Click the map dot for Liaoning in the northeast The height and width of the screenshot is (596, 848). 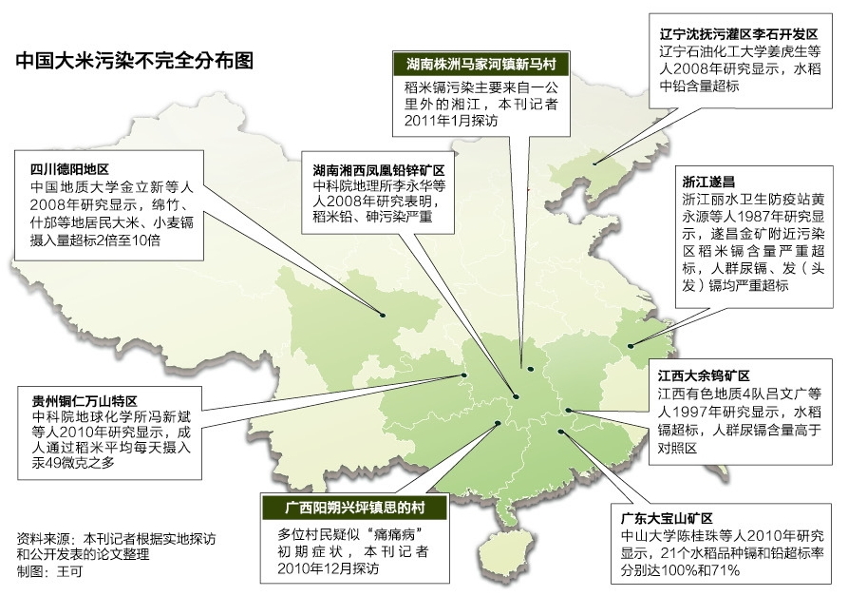[x=594, y=162]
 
